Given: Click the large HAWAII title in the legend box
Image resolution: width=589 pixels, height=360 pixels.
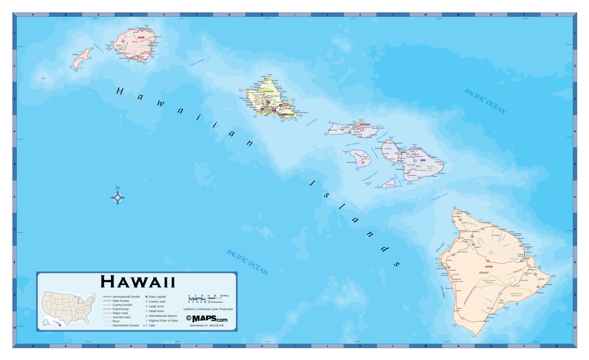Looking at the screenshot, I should pyautogui.click(x=137, y=282).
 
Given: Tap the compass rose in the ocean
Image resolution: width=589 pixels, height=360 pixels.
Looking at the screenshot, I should pyautogui.click(x=117, y=197).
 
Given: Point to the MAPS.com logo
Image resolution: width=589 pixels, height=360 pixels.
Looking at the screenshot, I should pyautogui.click(x=207, y=319).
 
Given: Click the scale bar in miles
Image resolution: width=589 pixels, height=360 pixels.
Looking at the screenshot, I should pyautogui.click(x=205, y=298).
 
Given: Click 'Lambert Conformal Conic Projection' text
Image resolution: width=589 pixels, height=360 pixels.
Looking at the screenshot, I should pyautogui.click(x=208, y=309).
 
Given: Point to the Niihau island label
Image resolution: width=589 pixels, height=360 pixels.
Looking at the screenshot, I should pyautogui.click(x=76, y=55).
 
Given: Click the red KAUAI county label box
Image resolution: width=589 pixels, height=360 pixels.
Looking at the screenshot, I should pyautogui.click(x=141, y=37).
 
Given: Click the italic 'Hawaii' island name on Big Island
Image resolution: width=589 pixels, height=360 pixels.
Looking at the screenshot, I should pyautogui.click(x=484, y=272).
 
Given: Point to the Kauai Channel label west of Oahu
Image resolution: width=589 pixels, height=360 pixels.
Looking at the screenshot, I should pyautogui.click(x=197, y=62).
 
